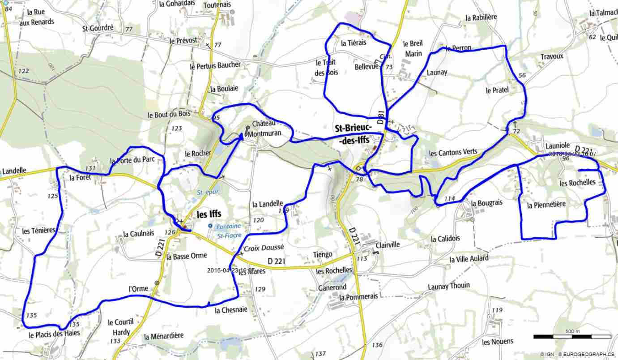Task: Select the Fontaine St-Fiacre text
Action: tap(229, 231)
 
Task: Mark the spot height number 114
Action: tap(449, 198)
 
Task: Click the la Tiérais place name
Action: tap(354, 43)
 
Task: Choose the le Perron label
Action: tap(458, 48)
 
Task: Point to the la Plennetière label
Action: tap(546, 205)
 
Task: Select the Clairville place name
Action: tap(388, 245)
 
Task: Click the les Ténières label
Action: tap(39, 231)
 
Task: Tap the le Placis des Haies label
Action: tap(54, 334)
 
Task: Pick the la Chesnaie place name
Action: tap(231, 310)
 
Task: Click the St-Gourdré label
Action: tap(98, 28)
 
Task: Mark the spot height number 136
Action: tap(377, 345)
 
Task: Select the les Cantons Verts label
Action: tap(453, 153)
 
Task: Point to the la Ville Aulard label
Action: tap(469, 259)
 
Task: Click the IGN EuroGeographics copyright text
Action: tap(577, 354)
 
